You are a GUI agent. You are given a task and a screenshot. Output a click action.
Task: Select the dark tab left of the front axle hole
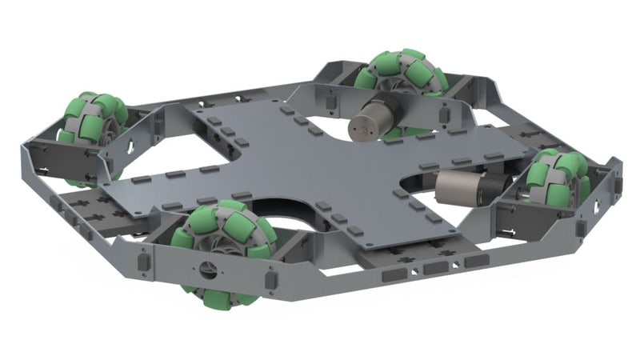pos(144,262)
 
